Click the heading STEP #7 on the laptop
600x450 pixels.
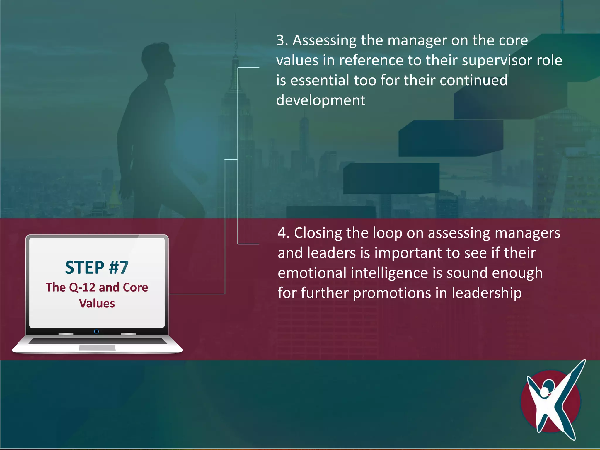pyautogui.click(x=97, y=267)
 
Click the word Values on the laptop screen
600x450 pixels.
pyautogui.click(x=97, y=303)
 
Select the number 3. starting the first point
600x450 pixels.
pyautogui.click(x=282, y=40)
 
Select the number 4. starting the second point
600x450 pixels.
pyautogui.click(x=284, y=233)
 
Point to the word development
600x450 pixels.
pyautogui.click(x=321, y=100)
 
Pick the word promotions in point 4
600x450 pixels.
pyautogui.click(x=392, y=293)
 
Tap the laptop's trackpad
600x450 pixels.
pyautogui.click(x=97, y=348)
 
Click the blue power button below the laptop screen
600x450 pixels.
pyautogui.click(x=96, y=331)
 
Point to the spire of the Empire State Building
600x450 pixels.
pyautogui.click(x=235, y=35)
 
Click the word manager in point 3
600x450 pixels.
pyautogui.click(x=417, y=40)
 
